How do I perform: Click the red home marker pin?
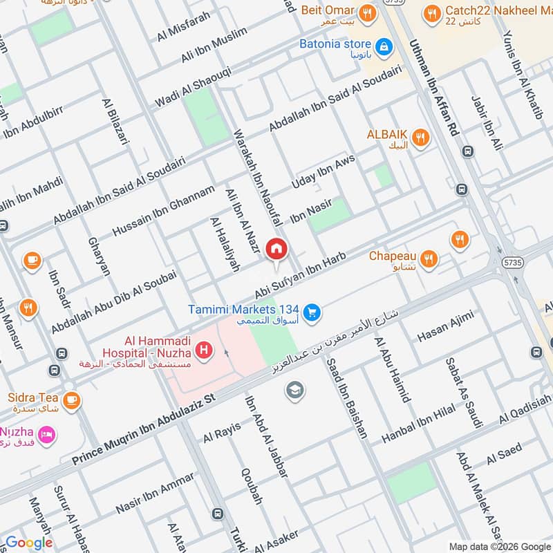(x=276, y=249)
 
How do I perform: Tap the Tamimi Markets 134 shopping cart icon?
(x=312, y=312)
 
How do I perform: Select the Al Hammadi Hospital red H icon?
(x=204, y=350)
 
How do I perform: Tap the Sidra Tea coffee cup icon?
(x=71, y=400)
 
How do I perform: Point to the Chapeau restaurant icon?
(x=429, y=259)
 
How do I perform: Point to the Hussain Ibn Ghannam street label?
(x=163, y=211)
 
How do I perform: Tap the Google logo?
(x=29, y=543)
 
